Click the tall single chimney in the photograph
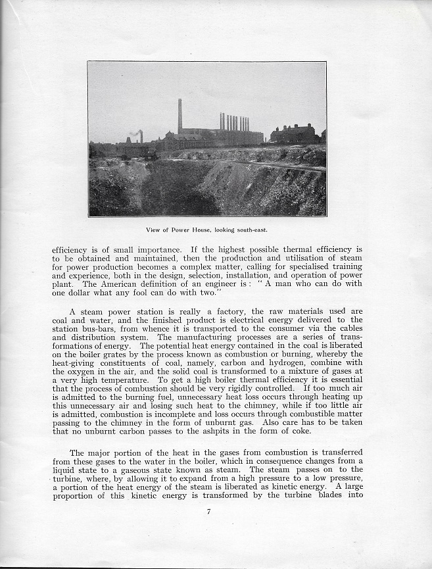click(180, 116)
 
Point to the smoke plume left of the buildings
click(135, 134)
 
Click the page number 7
click(208, 512)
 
